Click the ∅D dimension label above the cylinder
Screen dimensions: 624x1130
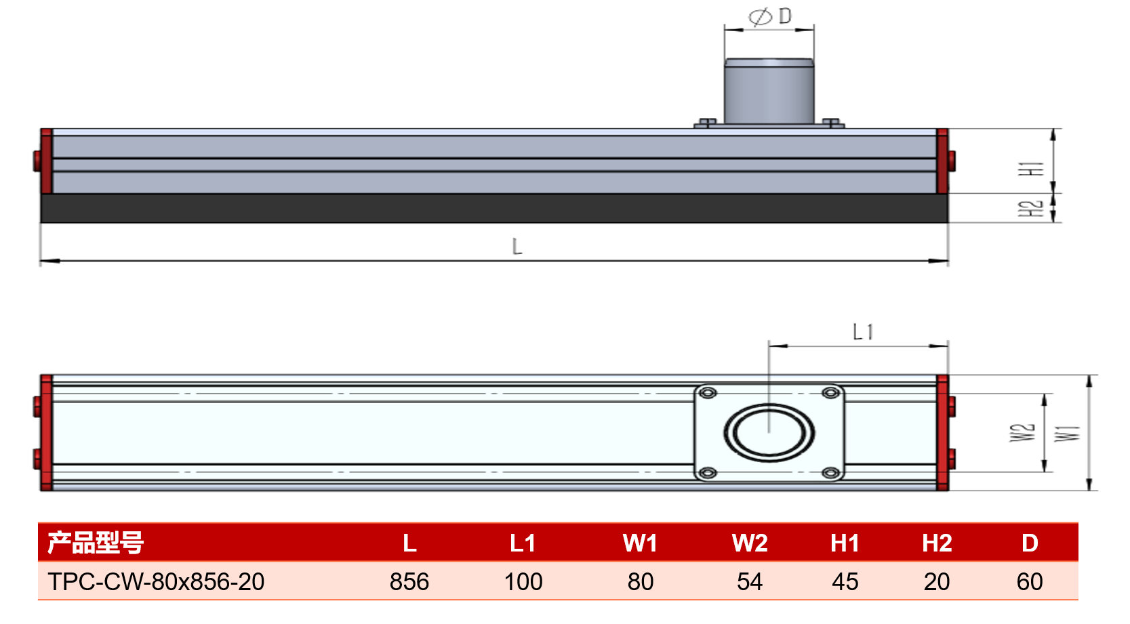click(x=770, y=16)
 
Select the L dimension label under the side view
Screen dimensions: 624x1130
click(x=517, y=247)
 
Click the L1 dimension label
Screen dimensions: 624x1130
click(x=863, y=332)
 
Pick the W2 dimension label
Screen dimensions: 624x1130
click(x=1022, y=432)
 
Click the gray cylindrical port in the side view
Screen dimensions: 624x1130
click(x=769, y=92)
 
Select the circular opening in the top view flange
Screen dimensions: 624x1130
click(x=769, y=433)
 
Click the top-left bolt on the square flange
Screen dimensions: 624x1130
click(x=708, y=393)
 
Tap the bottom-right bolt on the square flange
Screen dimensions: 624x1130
click(x=831, y=472)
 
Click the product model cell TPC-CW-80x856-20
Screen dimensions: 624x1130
click(x=156, y=581)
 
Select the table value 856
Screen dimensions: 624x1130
click(x=409, y=581)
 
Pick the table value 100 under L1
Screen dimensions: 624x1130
click(x=523, y=581)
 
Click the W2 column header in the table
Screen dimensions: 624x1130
click(x=750, y=543)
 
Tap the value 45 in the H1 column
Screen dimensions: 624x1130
click(x=845, y=581)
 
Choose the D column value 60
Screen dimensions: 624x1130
click(x=1030, y=581)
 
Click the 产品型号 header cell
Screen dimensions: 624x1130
click(x=96, y=543)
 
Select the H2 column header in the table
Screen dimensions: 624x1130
click(x=937, y=543)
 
